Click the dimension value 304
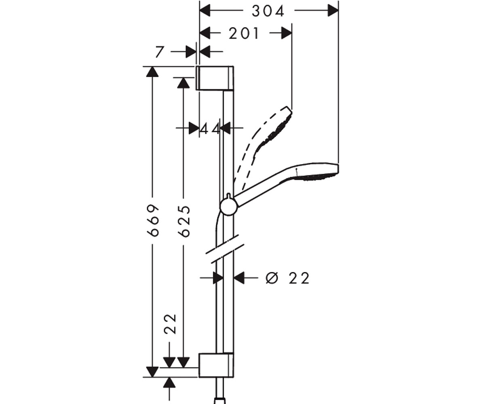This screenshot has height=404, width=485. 268,11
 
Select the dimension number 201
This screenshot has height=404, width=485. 243,34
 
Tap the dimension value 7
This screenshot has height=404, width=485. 160,52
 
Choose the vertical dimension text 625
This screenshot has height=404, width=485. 184,221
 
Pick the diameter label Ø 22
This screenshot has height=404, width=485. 287,278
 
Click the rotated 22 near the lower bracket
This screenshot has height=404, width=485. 170,324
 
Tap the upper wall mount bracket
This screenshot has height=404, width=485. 215,78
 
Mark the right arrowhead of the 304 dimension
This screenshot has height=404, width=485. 333,11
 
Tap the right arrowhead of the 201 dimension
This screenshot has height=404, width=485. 287,33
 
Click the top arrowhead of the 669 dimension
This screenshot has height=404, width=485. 153,72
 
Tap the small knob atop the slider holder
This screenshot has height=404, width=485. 229,196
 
